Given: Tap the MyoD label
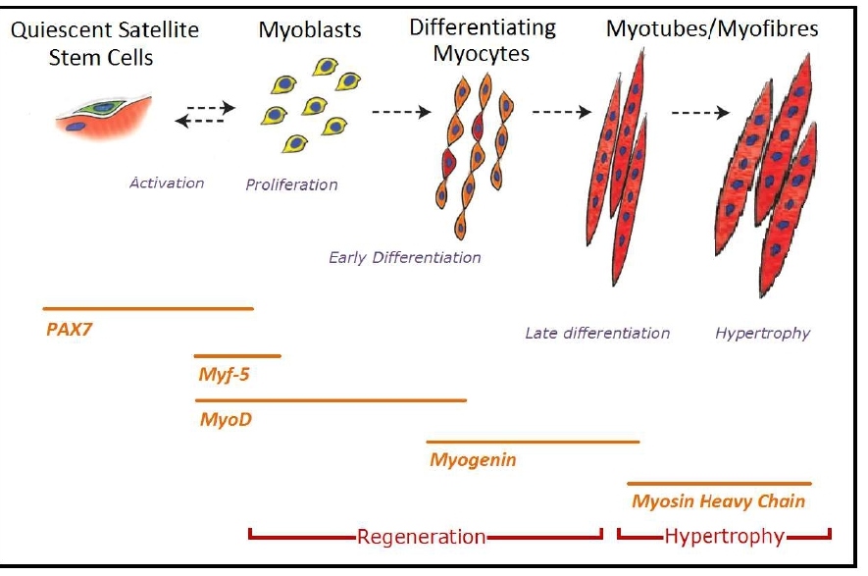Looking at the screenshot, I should click(x=226, y=419).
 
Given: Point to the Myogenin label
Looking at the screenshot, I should click(x=473, y=458).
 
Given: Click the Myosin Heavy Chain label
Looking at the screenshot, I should click(x=718, y=501).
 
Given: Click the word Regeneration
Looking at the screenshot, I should click(x=421, y=537).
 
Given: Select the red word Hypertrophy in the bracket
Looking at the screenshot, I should click(x=724, y=537).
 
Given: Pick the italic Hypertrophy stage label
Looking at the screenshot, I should click(x=762, y=333).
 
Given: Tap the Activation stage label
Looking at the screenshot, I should click(x=167, y=183).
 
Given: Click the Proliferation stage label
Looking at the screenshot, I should click(x=291, y=184).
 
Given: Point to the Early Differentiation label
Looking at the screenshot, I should click(x=404, y=258).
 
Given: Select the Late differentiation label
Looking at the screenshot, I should click(x=597, y=333).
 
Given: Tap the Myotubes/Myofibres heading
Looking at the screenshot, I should click(x=712, y=28).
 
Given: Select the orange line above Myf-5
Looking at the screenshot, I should click(x=237, y=356).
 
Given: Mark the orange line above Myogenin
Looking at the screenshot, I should click(x=533, y=442).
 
